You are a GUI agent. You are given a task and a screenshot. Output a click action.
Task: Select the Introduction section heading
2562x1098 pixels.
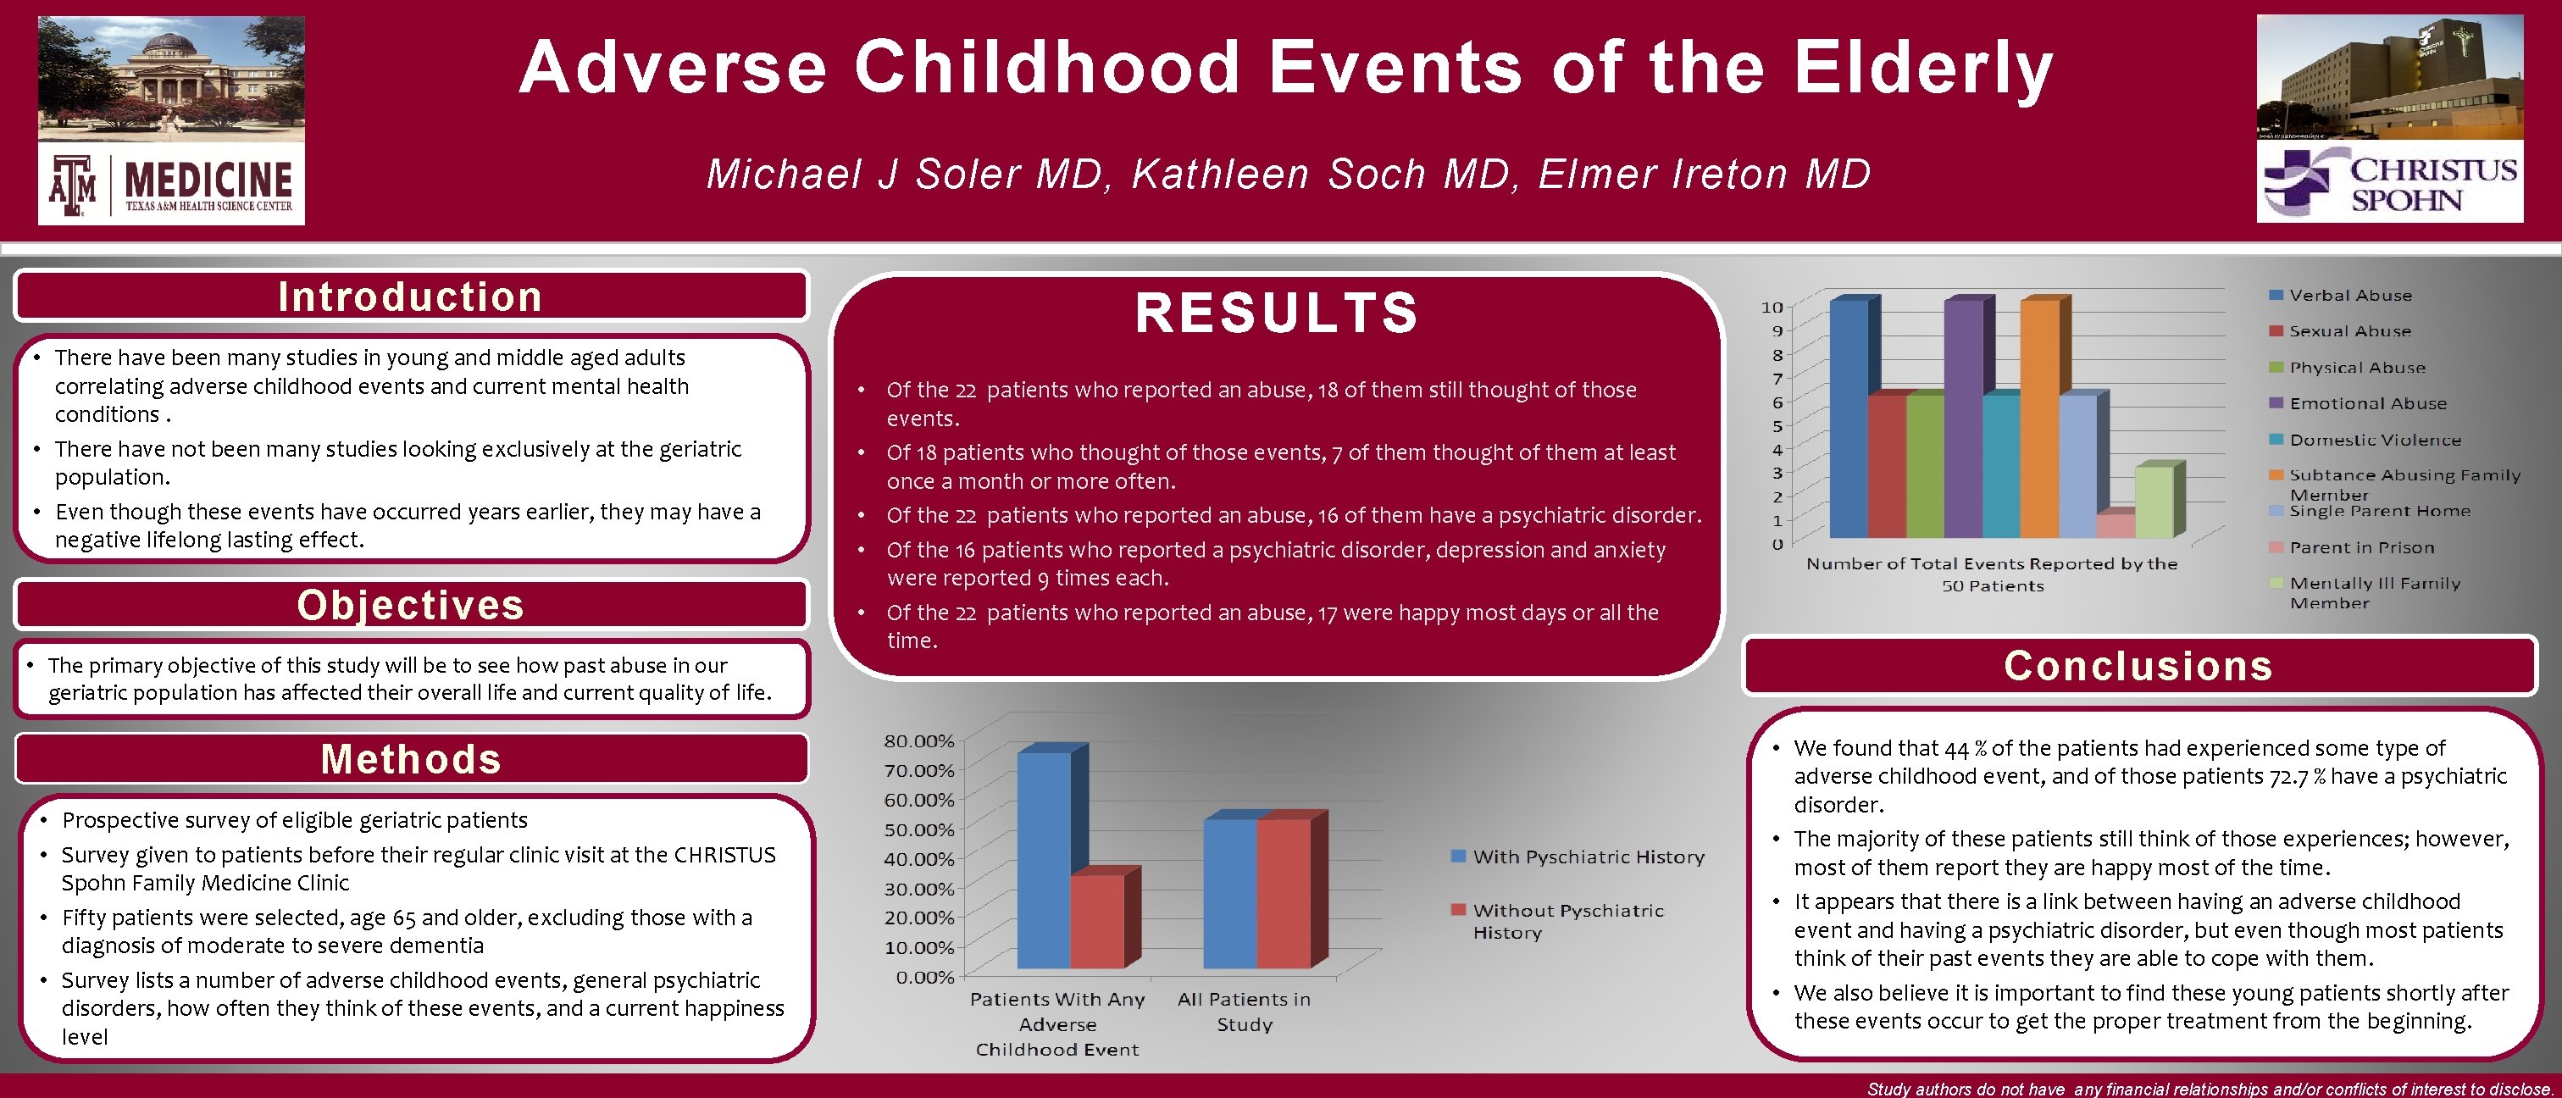click(x=410, y=297)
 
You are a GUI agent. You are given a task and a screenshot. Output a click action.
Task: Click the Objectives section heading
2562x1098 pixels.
click(x=410, y=605)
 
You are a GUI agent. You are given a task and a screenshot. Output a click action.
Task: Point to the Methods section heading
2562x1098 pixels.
click(x=410, y=759)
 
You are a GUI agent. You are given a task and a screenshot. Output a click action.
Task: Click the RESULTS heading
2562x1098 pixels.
click(x=1277, y=313)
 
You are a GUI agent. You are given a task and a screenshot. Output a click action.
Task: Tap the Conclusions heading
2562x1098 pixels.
click(x=2138, y=665)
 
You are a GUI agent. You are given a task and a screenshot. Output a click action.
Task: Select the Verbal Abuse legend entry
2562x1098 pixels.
click(x=2349, y=296)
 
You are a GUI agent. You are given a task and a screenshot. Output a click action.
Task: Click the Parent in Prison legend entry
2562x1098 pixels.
click(x=2361, y=547)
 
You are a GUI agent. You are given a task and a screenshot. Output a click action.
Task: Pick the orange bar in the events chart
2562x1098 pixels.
click(x=2039, y=418)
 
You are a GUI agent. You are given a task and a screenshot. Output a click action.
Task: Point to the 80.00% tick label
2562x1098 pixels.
click(x=918, y=741)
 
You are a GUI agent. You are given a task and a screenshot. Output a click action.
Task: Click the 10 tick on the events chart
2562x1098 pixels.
click(x=1772, y=308)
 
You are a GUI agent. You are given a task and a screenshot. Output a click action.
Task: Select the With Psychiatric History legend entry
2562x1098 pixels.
click(x=1588, y=857)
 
